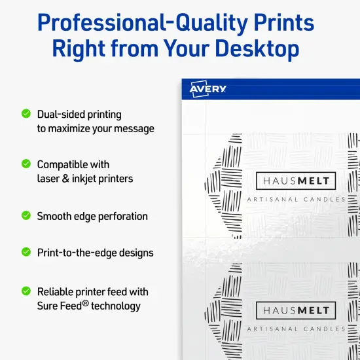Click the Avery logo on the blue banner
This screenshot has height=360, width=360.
point(208,89)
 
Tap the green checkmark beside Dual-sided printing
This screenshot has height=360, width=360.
point(26,113)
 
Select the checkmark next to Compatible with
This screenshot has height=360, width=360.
point(26,163)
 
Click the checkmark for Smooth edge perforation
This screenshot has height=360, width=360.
point(26,215)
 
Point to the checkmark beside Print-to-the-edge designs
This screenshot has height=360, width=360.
point(26,251)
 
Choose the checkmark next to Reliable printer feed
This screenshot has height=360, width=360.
point(26,291)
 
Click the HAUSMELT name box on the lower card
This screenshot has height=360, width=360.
point(297,310)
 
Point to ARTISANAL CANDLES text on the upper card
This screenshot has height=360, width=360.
point(296,199)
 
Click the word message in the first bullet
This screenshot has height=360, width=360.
point(131,129)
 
